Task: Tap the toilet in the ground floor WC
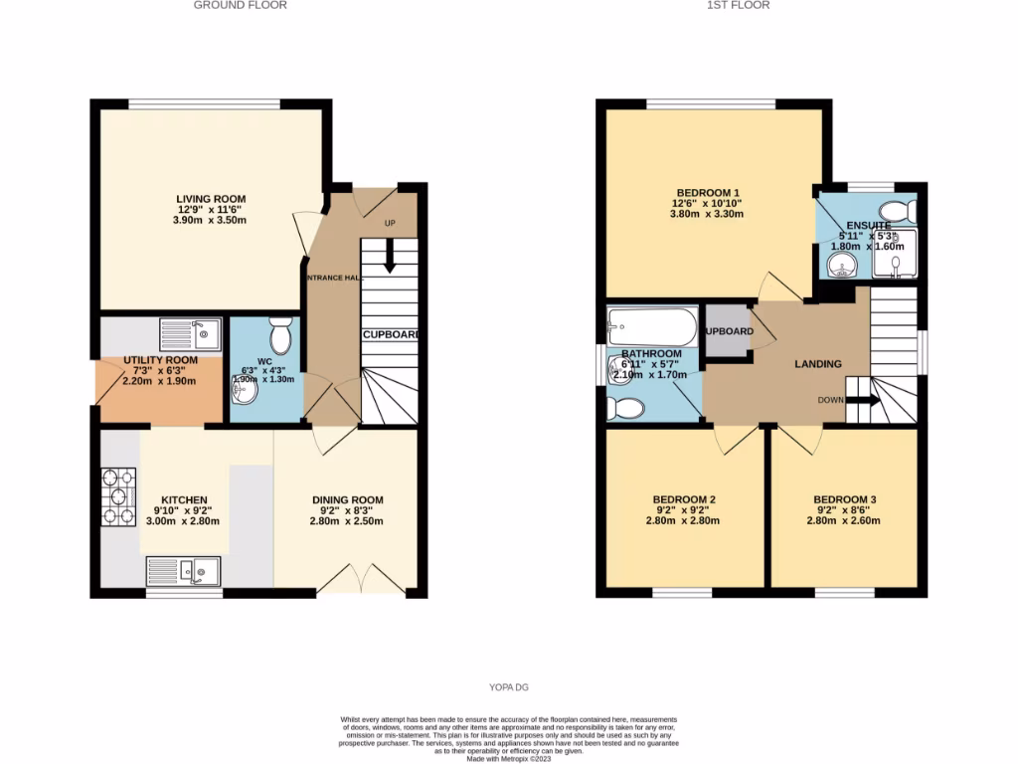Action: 280,336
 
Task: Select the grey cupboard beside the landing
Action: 726,331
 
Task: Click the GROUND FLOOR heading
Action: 240,5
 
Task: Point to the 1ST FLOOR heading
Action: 738,5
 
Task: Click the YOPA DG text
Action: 508,687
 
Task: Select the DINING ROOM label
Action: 347,500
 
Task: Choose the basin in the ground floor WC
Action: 246,393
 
